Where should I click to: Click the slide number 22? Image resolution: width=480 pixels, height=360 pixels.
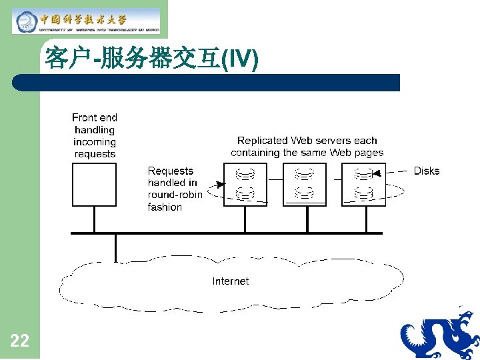coord(20,341)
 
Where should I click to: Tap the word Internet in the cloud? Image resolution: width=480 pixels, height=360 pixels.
coord(230,281)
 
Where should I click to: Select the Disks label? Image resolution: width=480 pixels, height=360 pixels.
coord(426,171)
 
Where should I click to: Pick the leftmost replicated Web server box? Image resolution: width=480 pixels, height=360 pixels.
coord(245,185)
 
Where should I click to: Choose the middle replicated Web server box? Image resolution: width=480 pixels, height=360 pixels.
coord(305,185)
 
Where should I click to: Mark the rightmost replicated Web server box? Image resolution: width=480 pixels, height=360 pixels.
coord(363,185)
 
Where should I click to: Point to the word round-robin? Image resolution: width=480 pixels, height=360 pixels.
coord(175,195)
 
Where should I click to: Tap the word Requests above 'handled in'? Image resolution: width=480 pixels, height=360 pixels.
coord(170,171)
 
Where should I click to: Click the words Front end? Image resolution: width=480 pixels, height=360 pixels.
coord(95,117)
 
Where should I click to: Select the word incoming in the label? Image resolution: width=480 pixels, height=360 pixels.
coord(95,142)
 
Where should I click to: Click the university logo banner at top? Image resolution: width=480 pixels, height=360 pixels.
coord(87,21)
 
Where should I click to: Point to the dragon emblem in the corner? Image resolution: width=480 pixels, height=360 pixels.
coord(440,333)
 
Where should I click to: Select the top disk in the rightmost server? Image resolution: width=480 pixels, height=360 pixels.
coord(363,175)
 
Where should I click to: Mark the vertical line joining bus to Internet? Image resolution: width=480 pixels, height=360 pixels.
coord(115,247)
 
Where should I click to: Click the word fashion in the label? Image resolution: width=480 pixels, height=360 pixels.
coord(165,207)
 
